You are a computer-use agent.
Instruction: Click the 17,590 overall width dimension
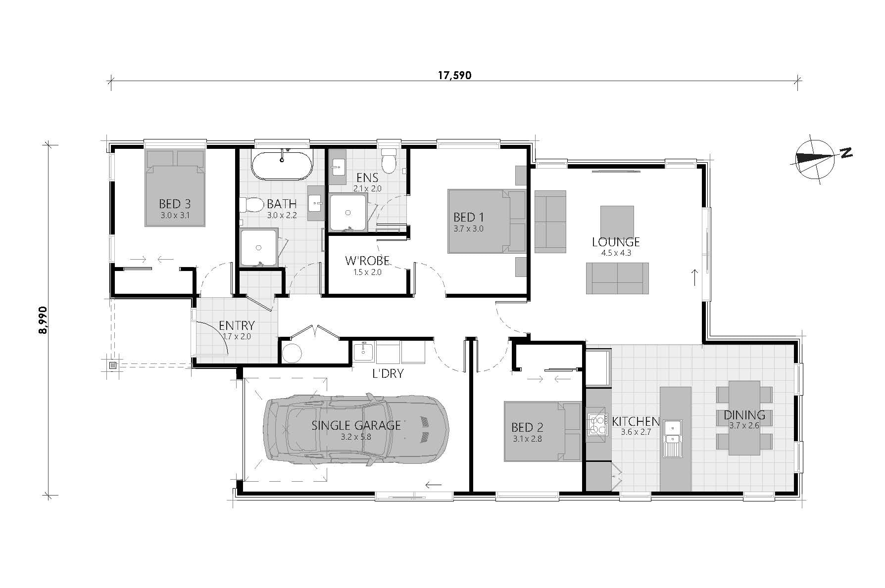(454, 75)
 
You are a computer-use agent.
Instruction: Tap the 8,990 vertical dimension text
(43, 319)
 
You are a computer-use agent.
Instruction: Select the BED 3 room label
(175, 204)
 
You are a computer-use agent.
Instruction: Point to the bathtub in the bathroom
(282, 164)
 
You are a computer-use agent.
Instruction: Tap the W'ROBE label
(367, 261)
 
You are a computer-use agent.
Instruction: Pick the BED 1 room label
(468, 217)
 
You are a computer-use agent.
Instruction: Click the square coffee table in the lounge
(617, 222)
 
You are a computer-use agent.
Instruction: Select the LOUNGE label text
(616, 242)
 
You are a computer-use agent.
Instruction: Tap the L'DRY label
(388, 373)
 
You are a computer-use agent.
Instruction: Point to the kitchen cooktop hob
(597, 424)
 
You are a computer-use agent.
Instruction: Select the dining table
(744, 417)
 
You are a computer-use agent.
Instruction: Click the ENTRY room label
(237, 326)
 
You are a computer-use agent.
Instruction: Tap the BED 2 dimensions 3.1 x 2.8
(527, 438)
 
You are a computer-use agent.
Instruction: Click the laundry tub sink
(364, 352)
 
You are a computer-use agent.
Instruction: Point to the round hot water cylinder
(292, 353)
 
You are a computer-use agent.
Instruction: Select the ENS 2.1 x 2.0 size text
(367, 188)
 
